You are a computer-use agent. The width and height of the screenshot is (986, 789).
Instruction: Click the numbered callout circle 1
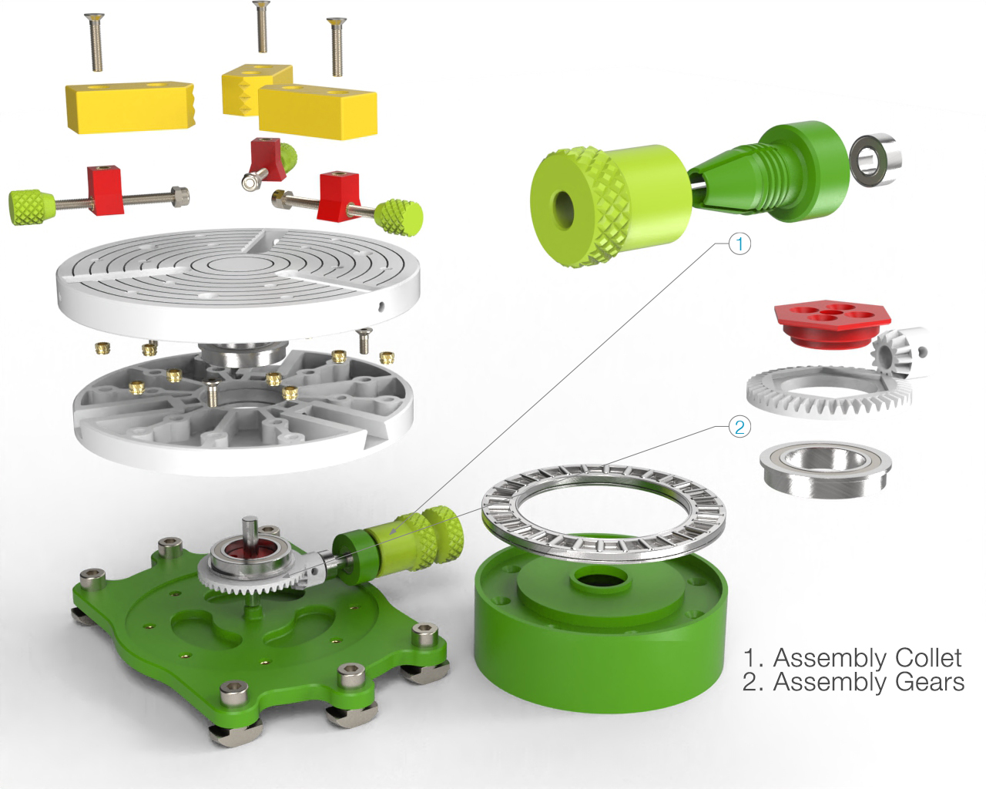pos(739,244)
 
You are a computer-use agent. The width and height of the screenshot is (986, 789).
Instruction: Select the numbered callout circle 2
pos(739,426)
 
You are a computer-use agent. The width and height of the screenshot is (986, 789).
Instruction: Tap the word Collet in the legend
pos(924,658)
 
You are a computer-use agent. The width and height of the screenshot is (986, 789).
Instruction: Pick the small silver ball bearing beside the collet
pos(877,159)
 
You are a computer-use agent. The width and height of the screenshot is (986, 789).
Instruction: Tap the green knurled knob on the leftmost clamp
pos(31,206)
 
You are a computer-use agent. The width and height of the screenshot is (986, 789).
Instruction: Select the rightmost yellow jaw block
pos(317,109)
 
